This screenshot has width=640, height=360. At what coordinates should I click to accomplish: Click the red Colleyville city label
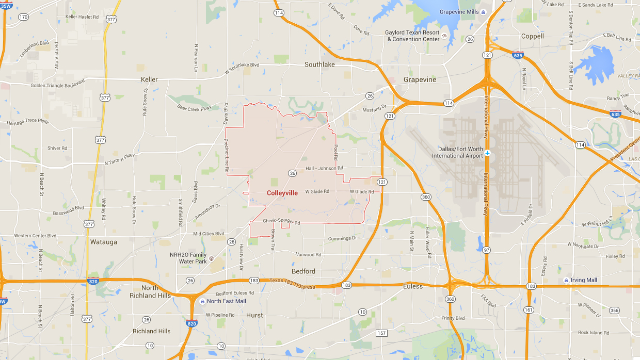(282, 193)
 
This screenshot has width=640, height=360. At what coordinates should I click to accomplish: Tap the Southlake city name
(319, 64)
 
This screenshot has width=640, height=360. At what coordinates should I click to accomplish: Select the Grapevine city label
(420, 79)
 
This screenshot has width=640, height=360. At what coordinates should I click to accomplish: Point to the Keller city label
(149, 79)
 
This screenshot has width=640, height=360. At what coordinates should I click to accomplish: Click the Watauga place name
(104, 241)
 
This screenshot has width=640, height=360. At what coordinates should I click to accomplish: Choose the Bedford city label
(303, 271)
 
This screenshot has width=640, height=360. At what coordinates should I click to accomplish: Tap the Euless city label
(412, 286)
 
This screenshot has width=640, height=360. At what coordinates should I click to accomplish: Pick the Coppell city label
(532, 36)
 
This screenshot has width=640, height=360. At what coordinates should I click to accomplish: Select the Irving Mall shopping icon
(566, 280)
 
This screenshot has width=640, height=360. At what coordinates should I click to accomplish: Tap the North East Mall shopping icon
(202, 301)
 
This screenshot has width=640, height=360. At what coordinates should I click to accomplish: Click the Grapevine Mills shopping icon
(483, 12)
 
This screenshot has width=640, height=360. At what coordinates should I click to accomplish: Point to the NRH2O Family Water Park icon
(212, 255)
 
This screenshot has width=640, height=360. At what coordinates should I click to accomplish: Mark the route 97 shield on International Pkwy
(487, 250)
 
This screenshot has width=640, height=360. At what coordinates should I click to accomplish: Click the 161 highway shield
(528, 309)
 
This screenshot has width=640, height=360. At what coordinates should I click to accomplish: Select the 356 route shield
(614, 310)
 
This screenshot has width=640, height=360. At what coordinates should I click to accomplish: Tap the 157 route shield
(381, 333)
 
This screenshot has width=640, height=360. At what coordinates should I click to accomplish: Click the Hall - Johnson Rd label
(324, 168)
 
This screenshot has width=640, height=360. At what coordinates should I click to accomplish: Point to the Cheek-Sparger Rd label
(281, 221)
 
